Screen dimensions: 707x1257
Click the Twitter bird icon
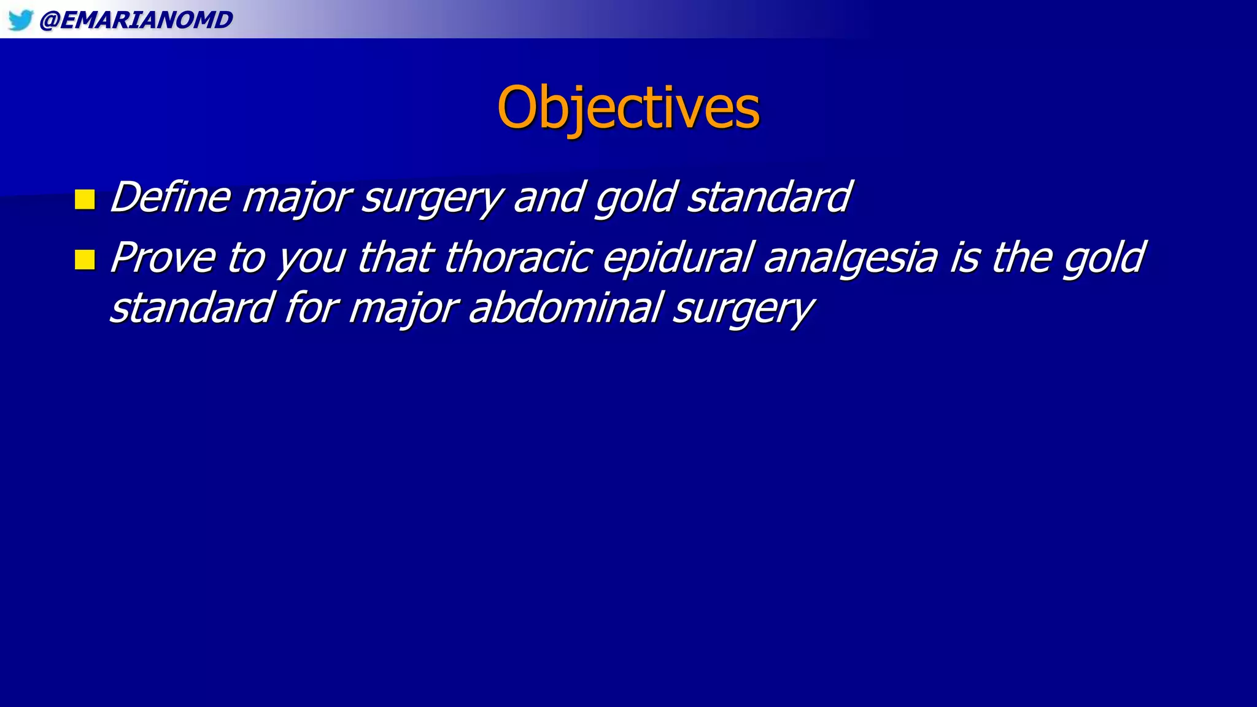[20, 20]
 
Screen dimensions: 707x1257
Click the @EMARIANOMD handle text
[136, 20]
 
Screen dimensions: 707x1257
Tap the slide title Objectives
[628, 107]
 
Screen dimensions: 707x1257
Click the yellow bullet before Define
[85, 199]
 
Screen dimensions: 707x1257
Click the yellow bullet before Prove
[85, 260]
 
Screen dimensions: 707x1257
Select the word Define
[171, 198]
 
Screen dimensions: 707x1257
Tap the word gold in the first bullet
[635, 198]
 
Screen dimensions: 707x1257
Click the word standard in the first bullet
[769, 198]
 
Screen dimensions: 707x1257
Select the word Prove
[162, 258]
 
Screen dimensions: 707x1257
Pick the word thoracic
[517, 258]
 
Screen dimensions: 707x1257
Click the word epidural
[677, 258]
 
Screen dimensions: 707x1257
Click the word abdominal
[565, 308]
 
